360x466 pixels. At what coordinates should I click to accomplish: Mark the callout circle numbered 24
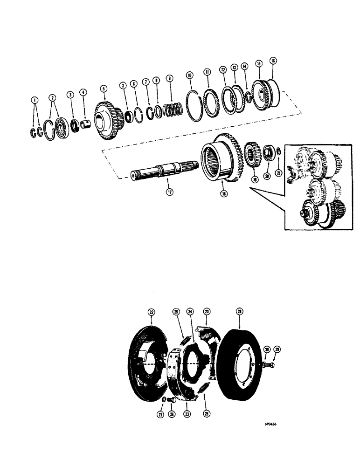coord(190,311)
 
